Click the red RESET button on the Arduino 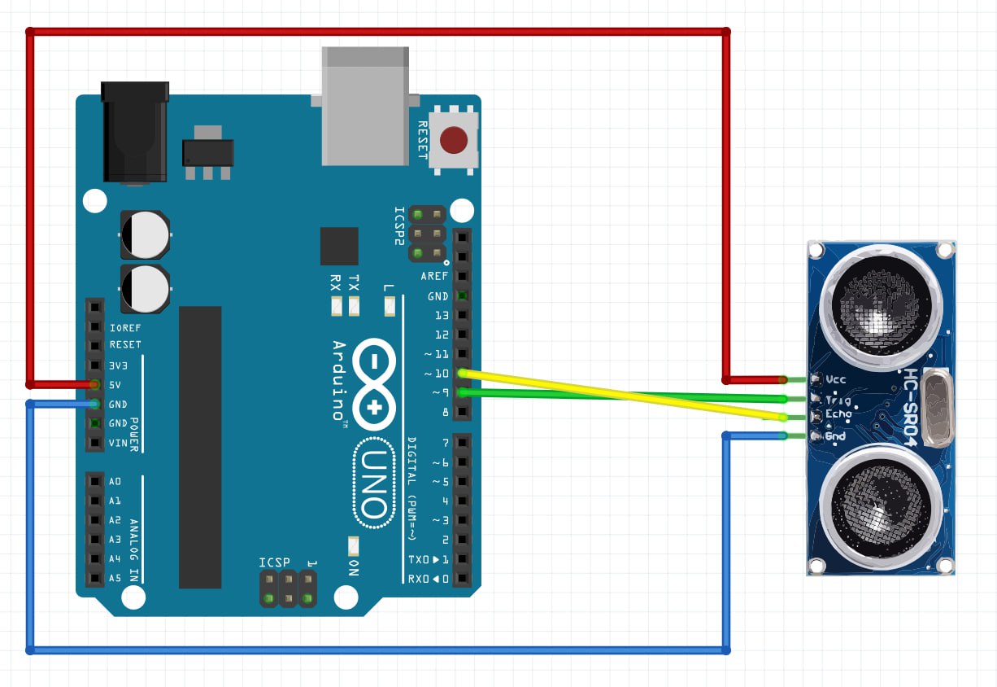click(x=454, y=141)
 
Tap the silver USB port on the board click(x=365, y=105)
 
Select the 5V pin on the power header click(x=95, y=384)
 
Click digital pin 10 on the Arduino click(x=462, y=374)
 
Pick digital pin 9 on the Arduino click(x=462, y=393)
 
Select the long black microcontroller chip click(x=200, y=447)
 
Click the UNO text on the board click(x=373, y=484)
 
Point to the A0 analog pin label click(x=115, y=481)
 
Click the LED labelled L click(x=389, y=307)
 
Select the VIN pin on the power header click(x=95, y=443)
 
